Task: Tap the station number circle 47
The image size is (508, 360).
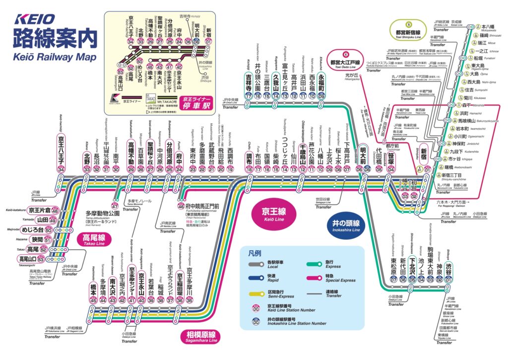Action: pos(115,206)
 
